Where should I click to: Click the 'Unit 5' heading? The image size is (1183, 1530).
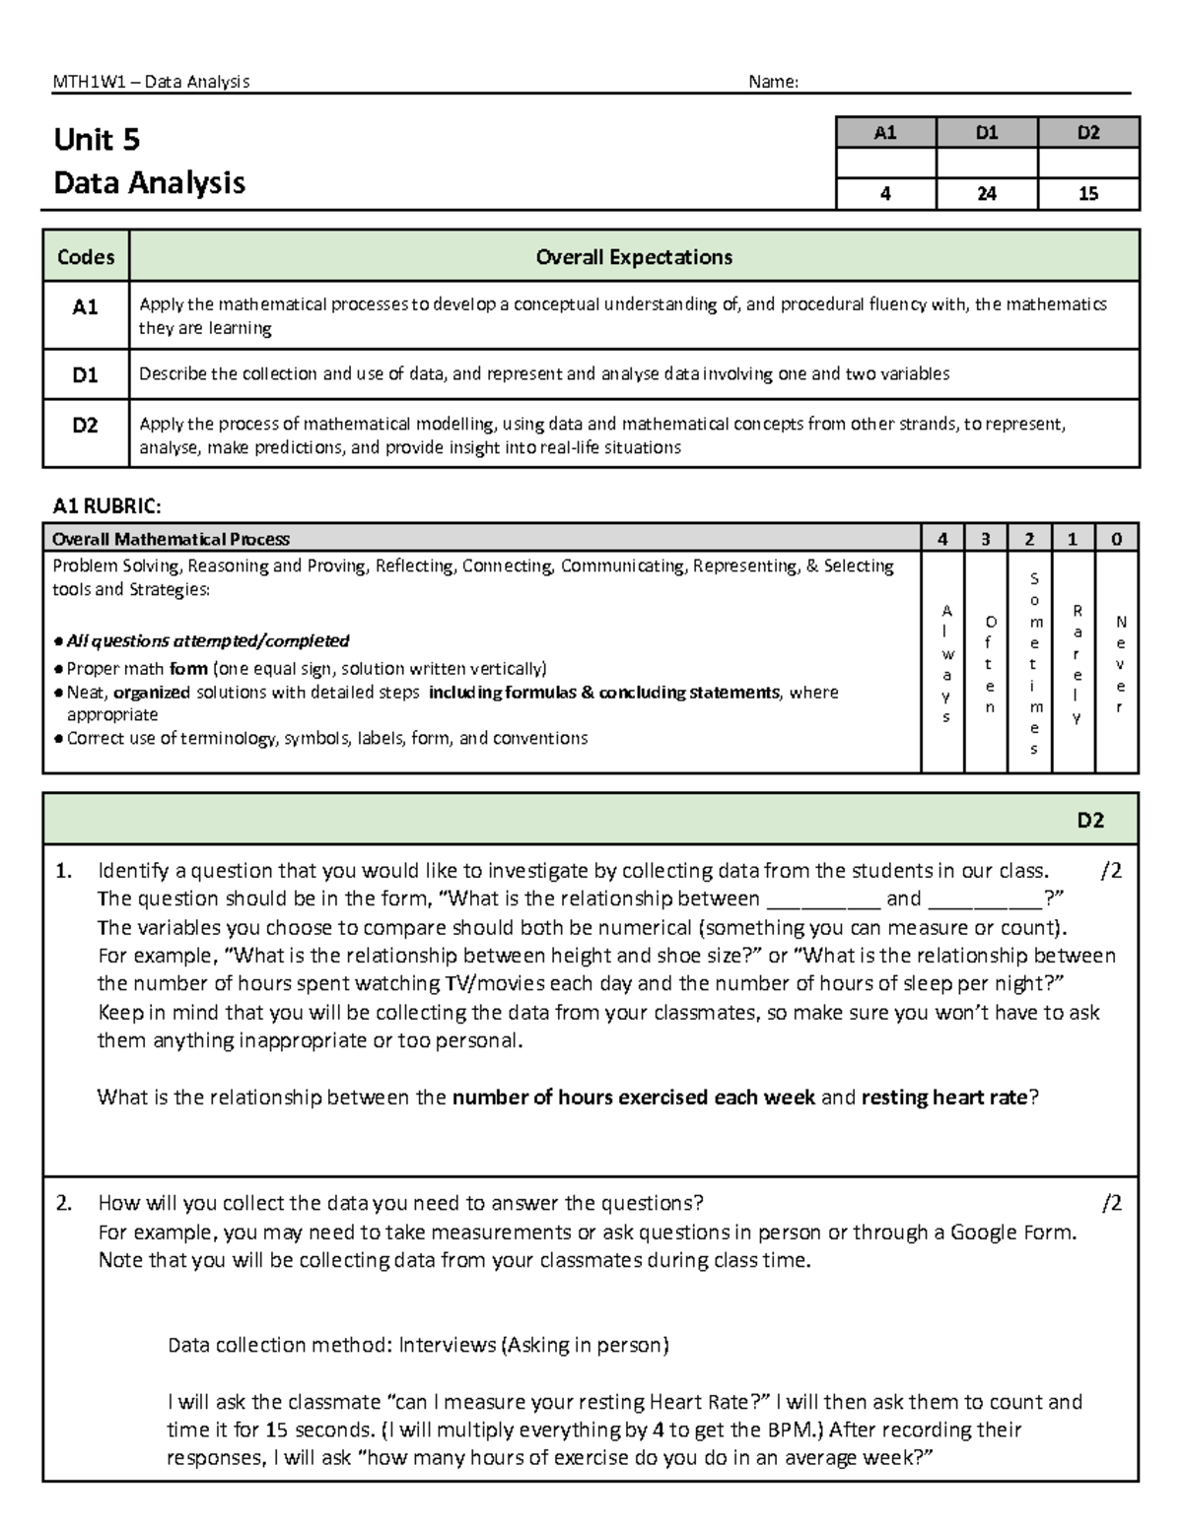coord(97,140)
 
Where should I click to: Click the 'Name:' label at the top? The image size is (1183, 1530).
coord(773,82)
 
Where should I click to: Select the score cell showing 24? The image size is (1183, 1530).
coord(986,194)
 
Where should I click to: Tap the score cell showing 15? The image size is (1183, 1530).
coord(1087,194)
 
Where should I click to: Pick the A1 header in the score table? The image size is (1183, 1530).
coord(884,132)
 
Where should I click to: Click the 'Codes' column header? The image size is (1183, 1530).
coord(86,257)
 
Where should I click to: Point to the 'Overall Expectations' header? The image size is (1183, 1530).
coord(634,257)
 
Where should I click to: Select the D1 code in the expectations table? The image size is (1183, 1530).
coord(86,374)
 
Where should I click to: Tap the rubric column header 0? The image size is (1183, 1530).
coord(1116,539)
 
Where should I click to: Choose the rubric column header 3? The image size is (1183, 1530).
coord(986,539)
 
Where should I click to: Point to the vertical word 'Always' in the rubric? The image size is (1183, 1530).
coord(946,663)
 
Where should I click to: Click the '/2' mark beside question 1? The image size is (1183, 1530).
coord(1111,870)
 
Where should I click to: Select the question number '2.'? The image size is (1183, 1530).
coord(64,1203)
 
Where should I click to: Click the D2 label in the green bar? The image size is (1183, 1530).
coord(1089,821)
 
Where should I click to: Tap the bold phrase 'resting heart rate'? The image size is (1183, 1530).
coord(943,1098)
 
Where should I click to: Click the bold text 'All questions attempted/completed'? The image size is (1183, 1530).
coord(207,641)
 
